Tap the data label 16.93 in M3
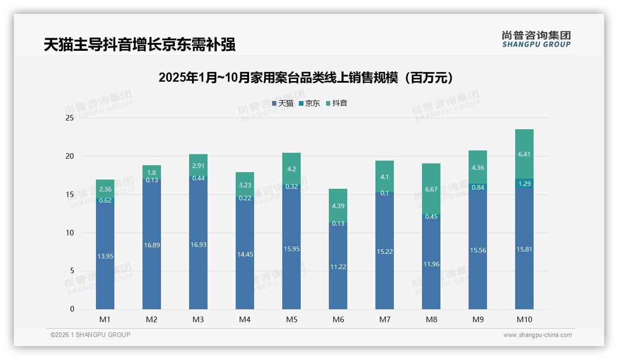coord(198,245)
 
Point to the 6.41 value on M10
coord(524,154)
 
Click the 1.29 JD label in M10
coord(524,184)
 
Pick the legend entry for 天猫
coord(282,103)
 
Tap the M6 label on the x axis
coord(338,319)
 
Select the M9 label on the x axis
coord(478,319)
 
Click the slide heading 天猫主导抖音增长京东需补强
coord(140,45)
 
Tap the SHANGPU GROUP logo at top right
coord(536,39)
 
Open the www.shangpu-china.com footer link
coord(537,335)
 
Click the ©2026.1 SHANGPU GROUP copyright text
coord(90,335)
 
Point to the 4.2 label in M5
coord(291,169)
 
